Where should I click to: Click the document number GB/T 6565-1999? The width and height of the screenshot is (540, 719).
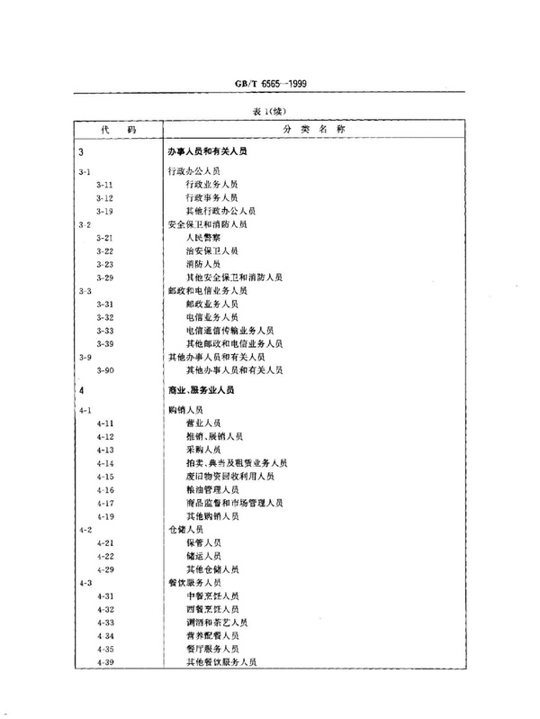pyautogui.click(x=270, y=88)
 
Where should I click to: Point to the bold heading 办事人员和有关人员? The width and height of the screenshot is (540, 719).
pyautogui.click(x=208, y=152)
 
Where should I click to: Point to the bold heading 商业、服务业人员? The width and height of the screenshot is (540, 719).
pyautogui.click(x=204, y=391)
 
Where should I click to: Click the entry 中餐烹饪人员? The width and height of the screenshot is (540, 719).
pyautogui.click(x=213, y=596)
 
